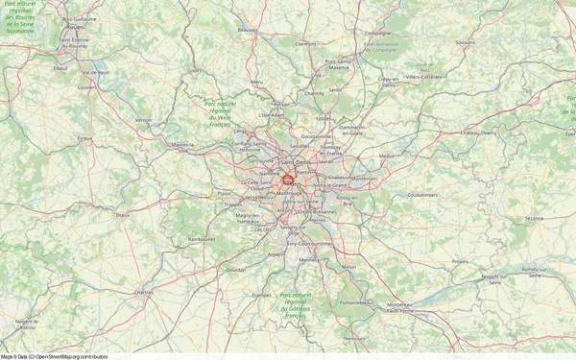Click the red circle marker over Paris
click(x=287, y=179)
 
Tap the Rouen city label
click(x=73, y=27)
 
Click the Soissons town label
click(x=466, y=42)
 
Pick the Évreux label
click(x=84, y=138)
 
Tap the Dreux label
click(x=122, y=215)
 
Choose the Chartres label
click(x=144, y=291)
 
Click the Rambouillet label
click(x=203, y=240)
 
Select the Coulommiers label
click(x=422, y=194)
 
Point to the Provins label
click(x=461, y=261)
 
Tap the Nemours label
click(x=355, y=338)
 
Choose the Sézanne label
click(x=534, y=219)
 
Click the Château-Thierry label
click(x=474, y=133)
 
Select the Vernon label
click(x=144, y=120)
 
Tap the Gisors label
click(x=195, y=70)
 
